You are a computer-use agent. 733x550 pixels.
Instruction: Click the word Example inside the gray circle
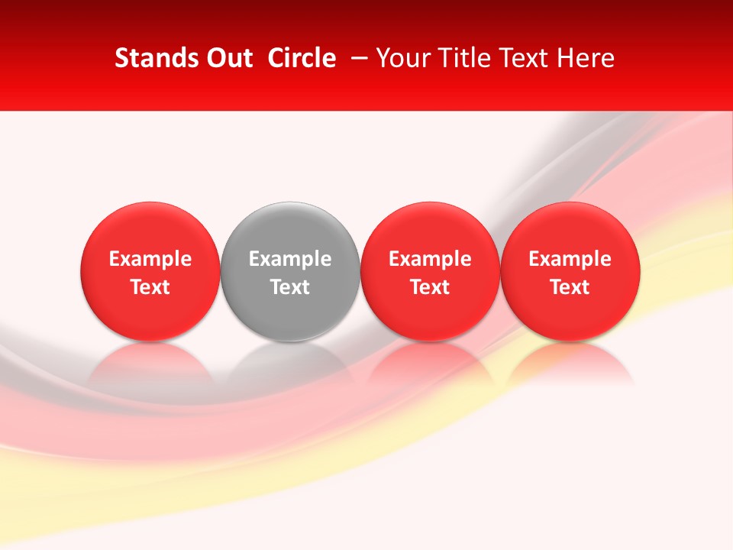(290, 259)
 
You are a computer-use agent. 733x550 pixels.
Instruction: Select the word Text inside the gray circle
(290, 287)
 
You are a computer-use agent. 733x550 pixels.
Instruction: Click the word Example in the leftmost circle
(150, 259)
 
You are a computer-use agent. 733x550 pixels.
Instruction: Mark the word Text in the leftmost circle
(150, 287)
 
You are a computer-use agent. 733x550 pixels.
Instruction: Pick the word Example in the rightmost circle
(570, 259)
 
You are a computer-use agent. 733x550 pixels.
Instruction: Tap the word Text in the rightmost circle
(570, 287)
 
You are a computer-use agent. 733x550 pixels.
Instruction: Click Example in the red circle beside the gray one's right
(430, 259)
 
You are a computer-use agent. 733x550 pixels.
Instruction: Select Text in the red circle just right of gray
(430, 287)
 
